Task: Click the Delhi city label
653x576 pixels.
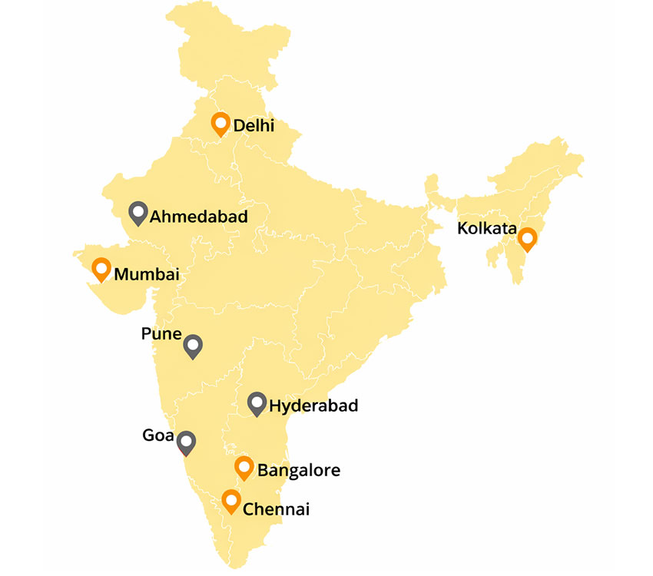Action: pos(254,125)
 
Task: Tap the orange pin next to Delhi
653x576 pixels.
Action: pos(221,124)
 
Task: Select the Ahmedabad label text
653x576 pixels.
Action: pos(199,217)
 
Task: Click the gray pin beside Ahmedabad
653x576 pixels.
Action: pos(138,213)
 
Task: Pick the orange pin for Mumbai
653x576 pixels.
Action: pos(101,270)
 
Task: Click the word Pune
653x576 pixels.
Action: pos(161,335)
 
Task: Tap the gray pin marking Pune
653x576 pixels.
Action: pos(193,347)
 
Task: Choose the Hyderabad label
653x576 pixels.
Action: pos(313,406)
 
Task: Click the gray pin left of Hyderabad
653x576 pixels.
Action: pos(257,403)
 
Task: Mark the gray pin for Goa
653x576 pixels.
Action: pos(186,443)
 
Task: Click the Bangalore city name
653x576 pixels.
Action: pos(298,470)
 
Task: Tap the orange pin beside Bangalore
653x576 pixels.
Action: pos(244,467)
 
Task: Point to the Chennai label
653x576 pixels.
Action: pos(276,508)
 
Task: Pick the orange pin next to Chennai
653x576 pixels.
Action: pos(230,502)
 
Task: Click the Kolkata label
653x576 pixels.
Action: pos(486,228)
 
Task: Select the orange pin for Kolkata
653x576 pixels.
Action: pos(527,239)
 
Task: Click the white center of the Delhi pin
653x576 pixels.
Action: pos(221,122)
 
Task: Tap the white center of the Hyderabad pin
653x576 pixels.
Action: pos(257,401)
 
